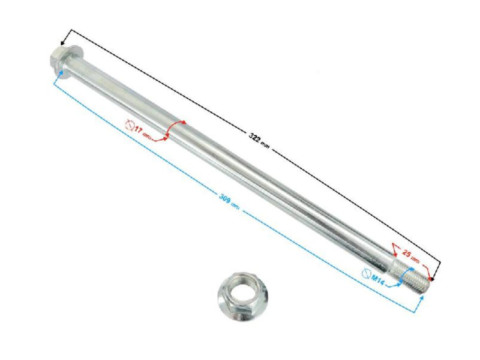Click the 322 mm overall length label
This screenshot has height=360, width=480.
point(258,138)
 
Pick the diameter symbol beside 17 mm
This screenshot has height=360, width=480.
point(130,126)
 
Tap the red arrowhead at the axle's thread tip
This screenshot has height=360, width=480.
point(428,277)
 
